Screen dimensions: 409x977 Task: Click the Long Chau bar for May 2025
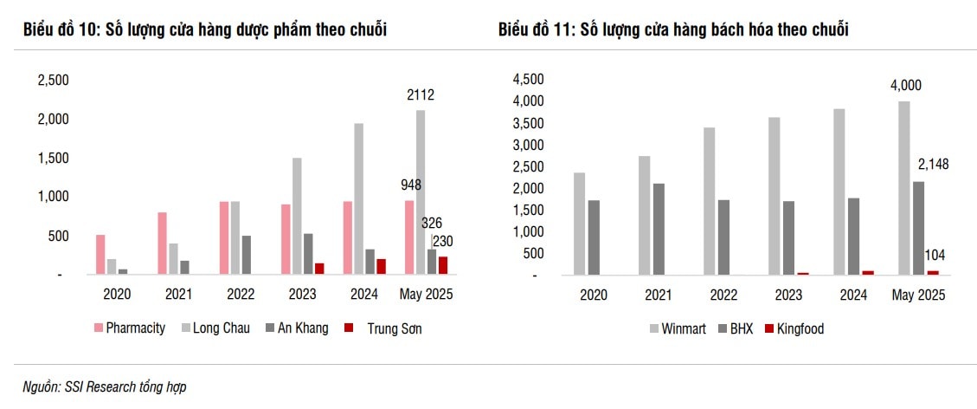[421, 192]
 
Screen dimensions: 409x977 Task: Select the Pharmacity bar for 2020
[100, 254]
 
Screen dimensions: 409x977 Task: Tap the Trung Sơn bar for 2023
[319, 269]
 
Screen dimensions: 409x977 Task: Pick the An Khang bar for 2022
[247, 255]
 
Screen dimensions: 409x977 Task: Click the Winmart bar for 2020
[579, 224]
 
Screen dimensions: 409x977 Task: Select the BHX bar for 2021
[659, 229]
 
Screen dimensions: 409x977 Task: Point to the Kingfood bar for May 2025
[933, 272]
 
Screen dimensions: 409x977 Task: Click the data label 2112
[421, 95]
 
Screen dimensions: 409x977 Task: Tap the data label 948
[411, 185]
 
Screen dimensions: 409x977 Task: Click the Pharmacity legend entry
[130, 328]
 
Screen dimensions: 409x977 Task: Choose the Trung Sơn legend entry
[387, 328]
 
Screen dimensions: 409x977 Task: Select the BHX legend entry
[735, 328]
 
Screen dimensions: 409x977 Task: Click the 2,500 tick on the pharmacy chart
[53, 80]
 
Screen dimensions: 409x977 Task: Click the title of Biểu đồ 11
[673, 30]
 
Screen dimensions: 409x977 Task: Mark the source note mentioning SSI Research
[105, 387]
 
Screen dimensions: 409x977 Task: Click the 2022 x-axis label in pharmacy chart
[241, 295]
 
